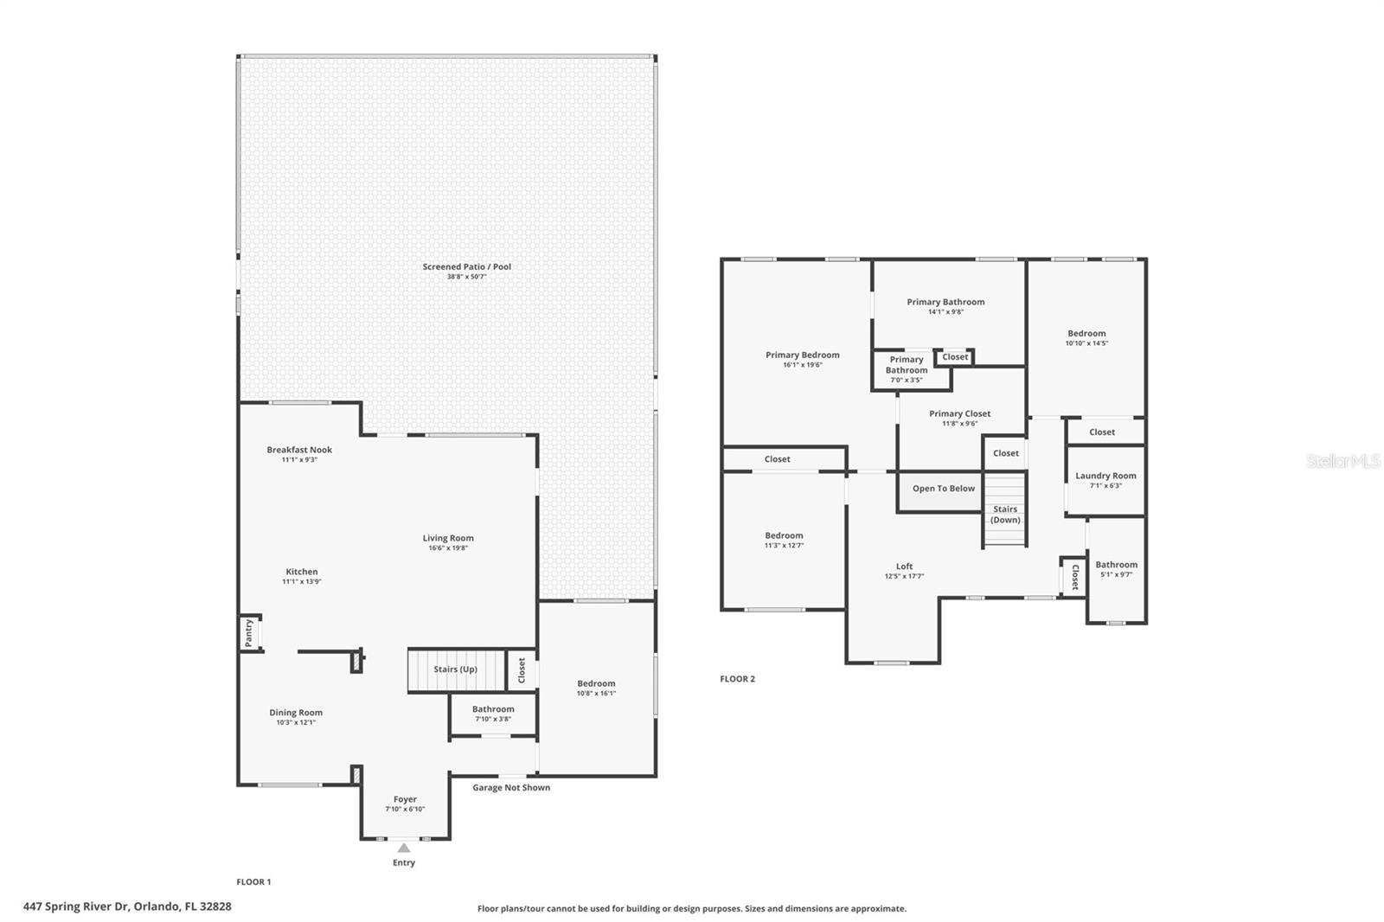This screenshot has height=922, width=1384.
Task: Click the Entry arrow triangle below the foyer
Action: (x=403, y=848)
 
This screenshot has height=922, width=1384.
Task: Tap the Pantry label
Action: (x=248, y=633)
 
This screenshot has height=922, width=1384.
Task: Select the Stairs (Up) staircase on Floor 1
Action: (x=457, y=669)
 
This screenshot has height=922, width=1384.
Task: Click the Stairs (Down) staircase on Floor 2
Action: (x=1004, y=509)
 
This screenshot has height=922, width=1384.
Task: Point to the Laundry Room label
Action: (x=1105, y=475)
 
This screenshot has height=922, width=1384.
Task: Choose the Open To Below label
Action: (x=944, y=488)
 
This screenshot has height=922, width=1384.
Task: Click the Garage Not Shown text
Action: (x=511, y=787)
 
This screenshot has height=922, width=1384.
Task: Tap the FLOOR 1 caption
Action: (x=253, y=882)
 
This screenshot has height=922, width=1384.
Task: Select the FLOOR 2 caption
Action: (x=737, y=678)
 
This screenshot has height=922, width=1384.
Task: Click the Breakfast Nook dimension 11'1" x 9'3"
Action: (x=299, y=460)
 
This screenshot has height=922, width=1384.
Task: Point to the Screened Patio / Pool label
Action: (x=466, y=266)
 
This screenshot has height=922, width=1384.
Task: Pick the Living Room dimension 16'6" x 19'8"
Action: (x=448, y=548)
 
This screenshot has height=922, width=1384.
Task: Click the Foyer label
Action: (x=405, y=799)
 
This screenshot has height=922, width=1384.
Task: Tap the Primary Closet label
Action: (x=959, y=413)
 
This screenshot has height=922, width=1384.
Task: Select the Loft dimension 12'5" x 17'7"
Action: (x=904, y=577)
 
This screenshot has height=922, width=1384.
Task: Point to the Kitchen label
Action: (x=302, y=572)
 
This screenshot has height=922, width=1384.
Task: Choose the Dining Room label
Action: (x=295, y=713)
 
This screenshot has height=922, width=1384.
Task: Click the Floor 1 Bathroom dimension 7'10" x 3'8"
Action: (x=492, y=720)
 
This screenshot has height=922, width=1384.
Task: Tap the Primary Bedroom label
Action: (x=802, y=355)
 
